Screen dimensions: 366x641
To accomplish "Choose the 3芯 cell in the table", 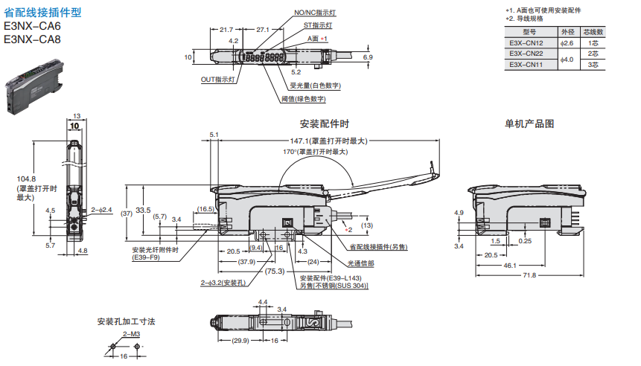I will tap(593, 65).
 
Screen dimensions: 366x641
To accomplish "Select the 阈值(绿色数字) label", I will tap(303, 98).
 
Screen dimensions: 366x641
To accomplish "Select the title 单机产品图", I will tap(529, 123).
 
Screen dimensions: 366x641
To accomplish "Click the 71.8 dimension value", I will tap(529, 275).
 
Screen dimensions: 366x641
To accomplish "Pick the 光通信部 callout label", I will tap(361, 263).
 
